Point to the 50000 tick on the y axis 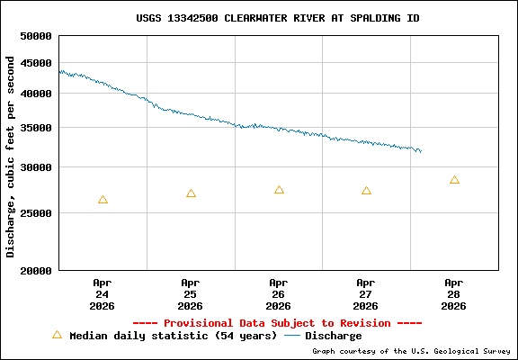36,37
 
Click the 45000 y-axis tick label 36,63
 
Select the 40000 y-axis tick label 36,94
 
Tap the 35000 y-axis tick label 36,128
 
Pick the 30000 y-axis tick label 36,167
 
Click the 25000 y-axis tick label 36,213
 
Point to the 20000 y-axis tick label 36,270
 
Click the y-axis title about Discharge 11,156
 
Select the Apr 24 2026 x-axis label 102,293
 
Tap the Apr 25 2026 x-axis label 190,293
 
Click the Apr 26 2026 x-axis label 278,293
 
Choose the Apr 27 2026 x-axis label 366,293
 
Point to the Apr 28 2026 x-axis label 454,293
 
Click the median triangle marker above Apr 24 103,200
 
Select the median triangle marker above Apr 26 279,190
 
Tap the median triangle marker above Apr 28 454,180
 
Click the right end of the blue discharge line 420,151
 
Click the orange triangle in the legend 57,335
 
